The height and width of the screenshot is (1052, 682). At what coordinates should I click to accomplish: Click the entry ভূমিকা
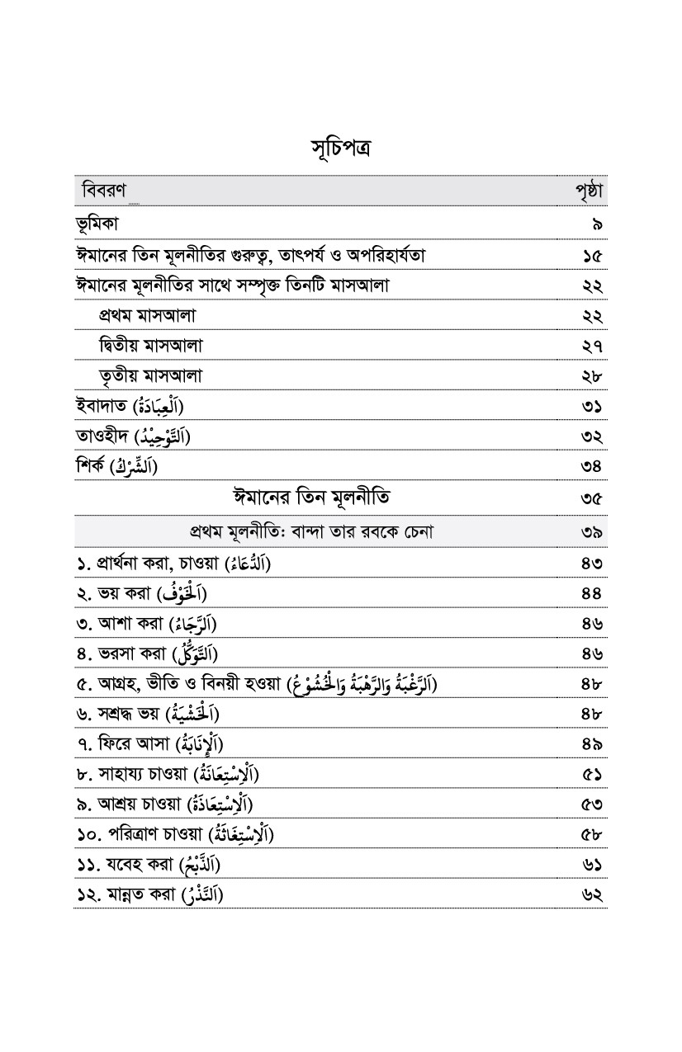click(101, 224)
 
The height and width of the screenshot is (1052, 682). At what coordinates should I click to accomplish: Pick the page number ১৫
click(591, 256)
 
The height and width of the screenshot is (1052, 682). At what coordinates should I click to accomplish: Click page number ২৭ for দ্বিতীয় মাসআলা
click(591, 347)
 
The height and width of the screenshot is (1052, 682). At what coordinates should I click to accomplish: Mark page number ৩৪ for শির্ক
click(591, 468)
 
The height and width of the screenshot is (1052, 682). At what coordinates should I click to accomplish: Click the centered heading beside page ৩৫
click(311, 498)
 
